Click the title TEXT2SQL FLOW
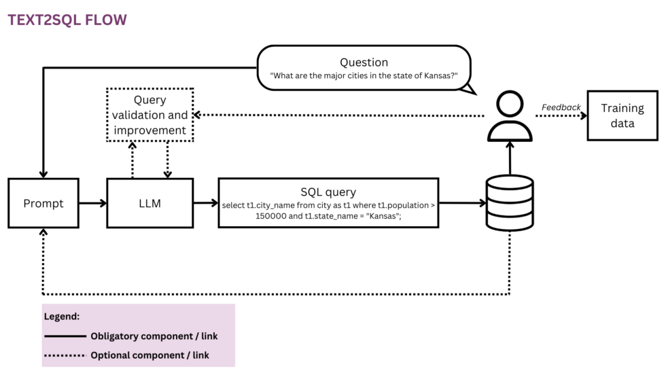67,20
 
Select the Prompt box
43,203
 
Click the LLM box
150,203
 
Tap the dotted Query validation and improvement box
150,115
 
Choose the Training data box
622,116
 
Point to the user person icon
510,117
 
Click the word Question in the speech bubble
364,63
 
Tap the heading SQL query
328,192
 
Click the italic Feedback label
561,107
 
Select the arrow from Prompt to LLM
92,203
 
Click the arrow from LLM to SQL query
205,203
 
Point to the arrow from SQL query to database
461,203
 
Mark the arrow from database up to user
510,158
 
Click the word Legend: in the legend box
62,317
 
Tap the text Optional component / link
150,355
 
